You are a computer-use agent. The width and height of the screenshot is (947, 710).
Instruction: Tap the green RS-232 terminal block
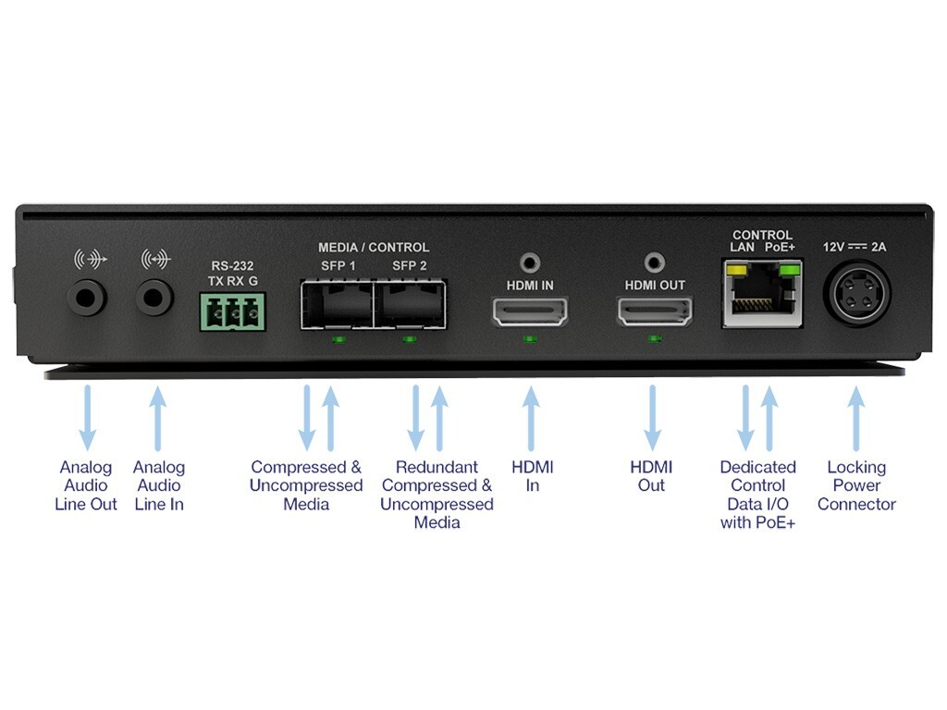(x=230, y=312)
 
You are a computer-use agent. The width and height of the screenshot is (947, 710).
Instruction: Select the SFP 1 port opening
(x=336, y=306)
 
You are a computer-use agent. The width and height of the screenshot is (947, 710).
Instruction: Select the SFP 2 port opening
(x=410, y=306)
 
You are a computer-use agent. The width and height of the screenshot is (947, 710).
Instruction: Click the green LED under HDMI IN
(x=529, y=339)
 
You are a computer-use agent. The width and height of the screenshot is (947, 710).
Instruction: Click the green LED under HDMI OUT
(x=655, y=339)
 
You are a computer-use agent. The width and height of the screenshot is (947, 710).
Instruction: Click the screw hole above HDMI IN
(x=530, y=263)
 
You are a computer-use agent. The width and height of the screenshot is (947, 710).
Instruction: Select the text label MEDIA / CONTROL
(x=374, y=248)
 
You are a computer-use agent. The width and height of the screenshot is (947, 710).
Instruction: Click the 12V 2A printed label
(x=855, y=247)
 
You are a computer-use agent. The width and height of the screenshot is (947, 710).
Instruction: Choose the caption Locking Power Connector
(x=856, y=485)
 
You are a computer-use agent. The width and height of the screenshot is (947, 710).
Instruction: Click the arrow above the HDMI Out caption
(x=652, y=417)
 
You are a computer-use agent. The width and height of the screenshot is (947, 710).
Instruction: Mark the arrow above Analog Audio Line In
(x=158, y=417)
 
